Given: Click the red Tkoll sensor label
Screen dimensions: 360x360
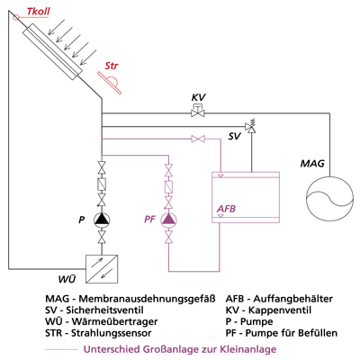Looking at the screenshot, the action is click(x=38, y=12).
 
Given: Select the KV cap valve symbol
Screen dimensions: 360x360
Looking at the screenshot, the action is click(x=198, y=110).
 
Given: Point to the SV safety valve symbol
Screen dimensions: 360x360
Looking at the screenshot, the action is click(x=250, y=126).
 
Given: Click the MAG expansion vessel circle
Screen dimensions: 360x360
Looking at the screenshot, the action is click(x=329, y=201).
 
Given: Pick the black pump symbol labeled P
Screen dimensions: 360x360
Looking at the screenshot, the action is click(x=102, y=220).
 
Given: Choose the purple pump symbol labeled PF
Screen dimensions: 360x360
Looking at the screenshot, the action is click(x=169, y=220).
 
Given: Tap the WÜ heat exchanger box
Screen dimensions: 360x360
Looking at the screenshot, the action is click(x=102, y=269).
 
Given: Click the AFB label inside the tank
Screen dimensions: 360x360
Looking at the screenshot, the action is click(x=226, y=208).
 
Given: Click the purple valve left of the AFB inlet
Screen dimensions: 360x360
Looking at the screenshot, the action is click(x=198, y=139).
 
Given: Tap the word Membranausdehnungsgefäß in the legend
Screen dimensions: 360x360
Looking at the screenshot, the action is click(x=147, y=299).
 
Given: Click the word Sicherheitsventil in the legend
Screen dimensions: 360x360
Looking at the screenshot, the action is click(x=104, y=310).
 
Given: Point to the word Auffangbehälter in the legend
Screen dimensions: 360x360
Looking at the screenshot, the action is click(x=293, y=299).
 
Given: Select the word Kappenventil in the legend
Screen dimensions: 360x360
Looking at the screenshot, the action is click(x=280, y=310).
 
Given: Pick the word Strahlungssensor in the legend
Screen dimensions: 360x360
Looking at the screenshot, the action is click(x=112, y=333).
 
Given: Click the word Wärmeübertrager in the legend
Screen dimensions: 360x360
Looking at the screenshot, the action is click(x=114, y=321).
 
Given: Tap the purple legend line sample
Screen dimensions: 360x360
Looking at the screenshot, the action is click(x=61, y=349).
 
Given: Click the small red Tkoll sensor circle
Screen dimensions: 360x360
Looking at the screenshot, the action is click(x=16, y=17).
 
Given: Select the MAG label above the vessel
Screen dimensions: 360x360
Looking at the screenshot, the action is click(x=312, y=164).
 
